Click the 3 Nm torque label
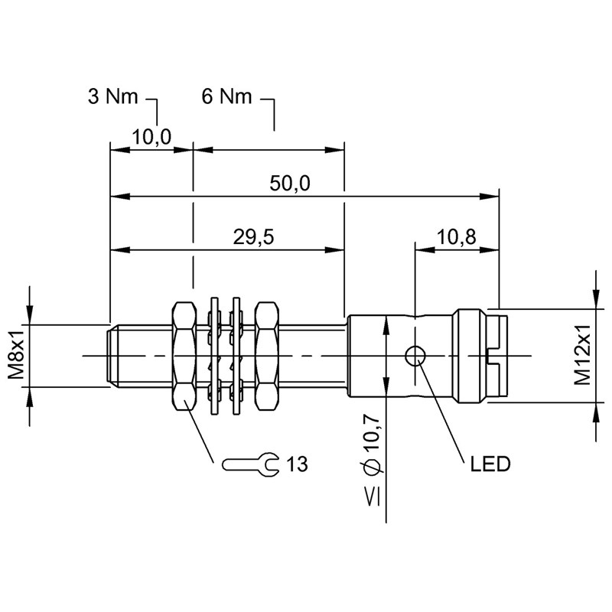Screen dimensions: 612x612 pyautogui.click(x=112, y=97)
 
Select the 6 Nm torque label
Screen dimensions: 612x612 pyautogui.click(x=226, y=97)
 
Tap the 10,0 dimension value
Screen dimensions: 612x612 pyautogui.click(x=151, y=137)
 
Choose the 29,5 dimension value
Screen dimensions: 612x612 pyautogui.click(x=254, y=237)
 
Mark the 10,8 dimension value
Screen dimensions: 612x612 pyautogui.click(x=457, y=237)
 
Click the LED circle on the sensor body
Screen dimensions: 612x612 pyautogui.click(x=415, y=355)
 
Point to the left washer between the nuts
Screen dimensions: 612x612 pyautogui.click(x=215, y=356)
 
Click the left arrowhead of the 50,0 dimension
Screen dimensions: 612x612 pyautogui.click(x=116, y=197)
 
